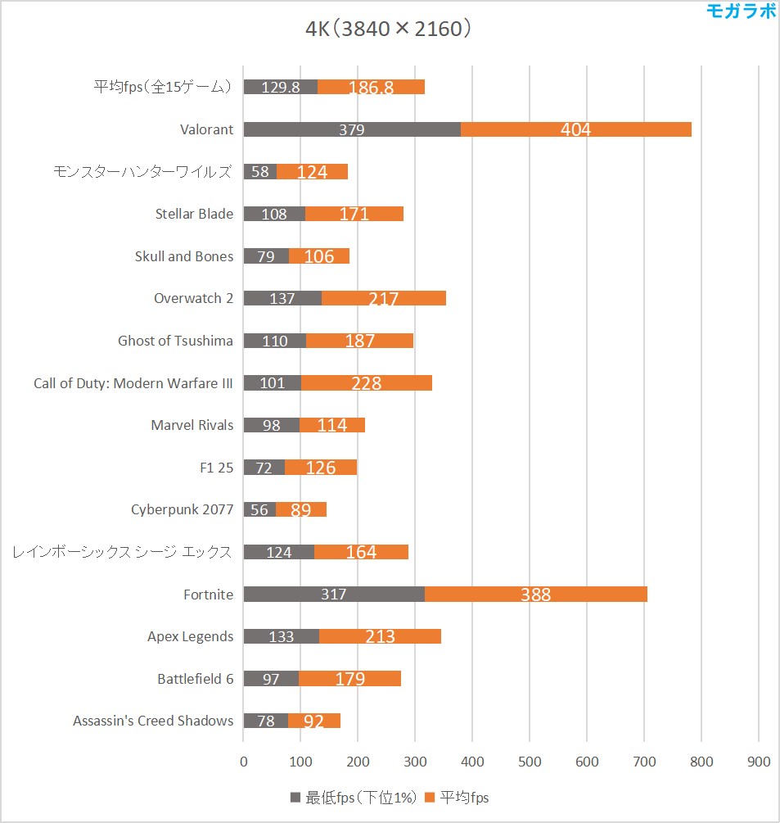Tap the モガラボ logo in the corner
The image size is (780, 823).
[742, 11]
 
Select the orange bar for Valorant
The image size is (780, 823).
[576, 129]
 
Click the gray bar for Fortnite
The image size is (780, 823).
[334, 595]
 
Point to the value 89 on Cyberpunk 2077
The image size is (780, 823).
[300, 510]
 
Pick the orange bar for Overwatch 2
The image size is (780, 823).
[383, 299]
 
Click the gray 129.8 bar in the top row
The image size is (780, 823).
[281, 88]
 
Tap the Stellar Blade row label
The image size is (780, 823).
[194, 214]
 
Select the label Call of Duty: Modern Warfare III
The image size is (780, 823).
[133, 383]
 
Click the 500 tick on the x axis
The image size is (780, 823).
[530, 762]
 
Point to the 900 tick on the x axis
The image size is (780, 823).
[759, 762]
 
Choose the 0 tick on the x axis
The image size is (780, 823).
[244, 762]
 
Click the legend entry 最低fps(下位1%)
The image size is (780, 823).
[354, 798]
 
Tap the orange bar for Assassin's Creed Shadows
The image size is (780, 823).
[313, 721]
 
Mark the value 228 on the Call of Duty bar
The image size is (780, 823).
[366, 383]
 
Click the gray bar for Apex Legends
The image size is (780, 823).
[282, 637]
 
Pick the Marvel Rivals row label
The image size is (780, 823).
[192, 425]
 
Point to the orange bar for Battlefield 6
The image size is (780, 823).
[349, 679]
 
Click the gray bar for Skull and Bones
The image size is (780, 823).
[266, 256]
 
